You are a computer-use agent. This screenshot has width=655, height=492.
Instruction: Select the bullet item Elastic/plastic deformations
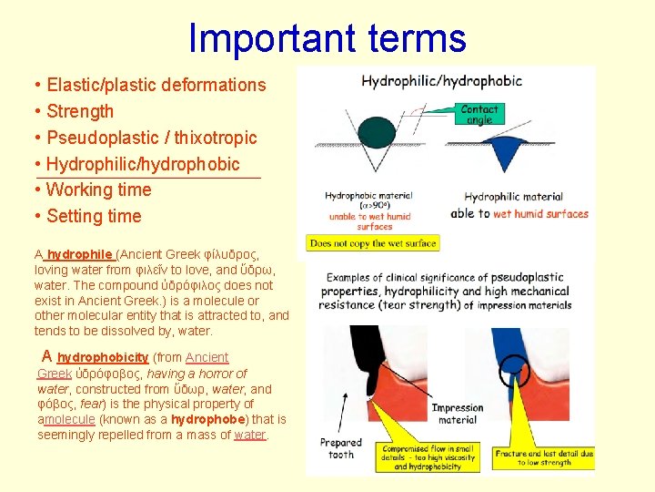[x=156, y=86]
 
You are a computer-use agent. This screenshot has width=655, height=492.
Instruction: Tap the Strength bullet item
[x=80, y=112]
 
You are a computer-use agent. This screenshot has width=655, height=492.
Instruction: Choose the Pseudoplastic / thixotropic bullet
[x=151, y=138]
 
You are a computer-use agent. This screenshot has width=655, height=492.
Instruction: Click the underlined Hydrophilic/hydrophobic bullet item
[x=143, y=164]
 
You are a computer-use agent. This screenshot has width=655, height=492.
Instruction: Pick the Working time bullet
[x=98, y=190]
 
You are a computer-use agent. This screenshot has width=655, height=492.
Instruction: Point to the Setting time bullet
[x=94, y=217]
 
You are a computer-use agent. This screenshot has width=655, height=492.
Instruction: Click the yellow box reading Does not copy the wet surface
[x=373, y=243]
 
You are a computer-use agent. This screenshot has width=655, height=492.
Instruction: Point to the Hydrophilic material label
[x=513, y=197]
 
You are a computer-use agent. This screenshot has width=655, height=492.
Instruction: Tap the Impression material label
[x=457, y=415]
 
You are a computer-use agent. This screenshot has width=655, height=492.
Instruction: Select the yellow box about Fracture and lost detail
[x=544, y=456]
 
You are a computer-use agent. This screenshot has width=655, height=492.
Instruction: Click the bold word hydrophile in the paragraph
[x=80, y=254]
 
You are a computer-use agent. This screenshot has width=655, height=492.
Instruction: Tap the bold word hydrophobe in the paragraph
[x=208, y=419]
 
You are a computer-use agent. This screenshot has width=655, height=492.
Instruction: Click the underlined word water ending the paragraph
[x=249, y=435]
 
